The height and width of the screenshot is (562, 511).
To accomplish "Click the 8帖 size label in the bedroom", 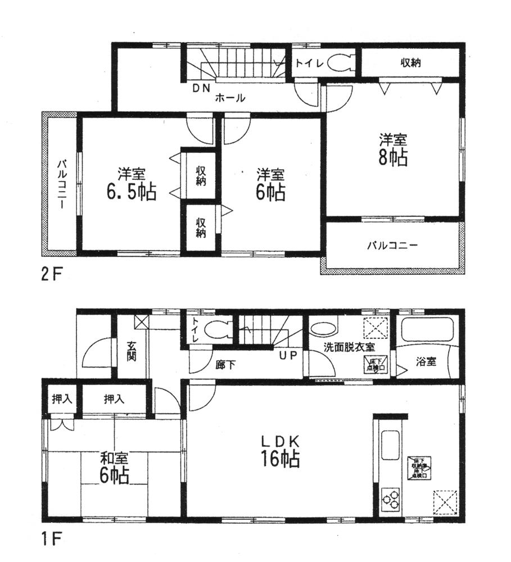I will tap(393, 158).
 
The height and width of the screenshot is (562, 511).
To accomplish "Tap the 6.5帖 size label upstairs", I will tap(132, 192).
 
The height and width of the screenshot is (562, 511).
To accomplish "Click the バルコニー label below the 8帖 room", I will tap(393, 246).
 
